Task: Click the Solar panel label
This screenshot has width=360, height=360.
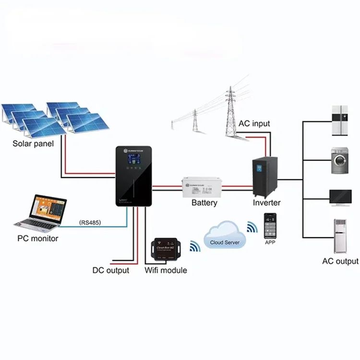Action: click(33, 143)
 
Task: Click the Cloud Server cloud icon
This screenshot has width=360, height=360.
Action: click(225, 237)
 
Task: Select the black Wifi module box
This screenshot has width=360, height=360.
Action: click(166, 249)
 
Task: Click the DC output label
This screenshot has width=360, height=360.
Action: click(110, 270)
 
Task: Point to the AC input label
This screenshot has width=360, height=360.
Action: click(254, 123)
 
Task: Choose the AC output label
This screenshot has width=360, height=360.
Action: click(340, 261)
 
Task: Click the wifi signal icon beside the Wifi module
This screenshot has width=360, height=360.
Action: click(194, 246)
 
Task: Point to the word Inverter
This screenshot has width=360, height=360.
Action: click(267, 203)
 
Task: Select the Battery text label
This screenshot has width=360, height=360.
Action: click(204, 203)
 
